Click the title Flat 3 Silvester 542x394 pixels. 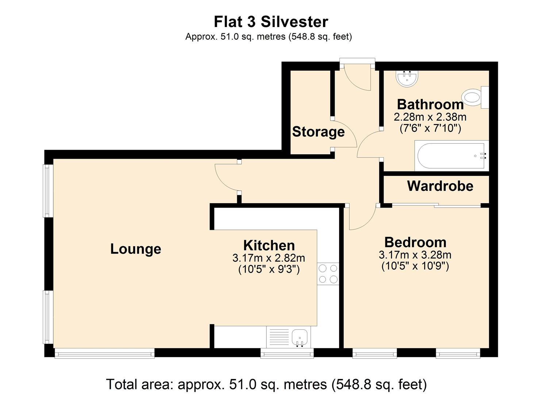270,22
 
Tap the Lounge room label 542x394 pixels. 136,249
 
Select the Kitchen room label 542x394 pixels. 269,245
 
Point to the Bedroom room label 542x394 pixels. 415,242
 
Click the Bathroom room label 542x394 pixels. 430,104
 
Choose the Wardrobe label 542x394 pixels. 440,186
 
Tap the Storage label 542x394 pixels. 318,132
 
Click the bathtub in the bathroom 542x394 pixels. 451,156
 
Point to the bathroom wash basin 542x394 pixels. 407,78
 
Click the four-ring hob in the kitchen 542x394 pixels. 328,274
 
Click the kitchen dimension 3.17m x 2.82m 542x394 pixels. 269,258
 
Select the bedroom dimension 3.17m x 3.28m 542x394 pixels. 415,255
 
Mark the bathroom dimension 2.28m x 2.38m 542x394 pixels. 430,117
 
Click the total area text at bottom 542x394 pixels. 266,384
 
